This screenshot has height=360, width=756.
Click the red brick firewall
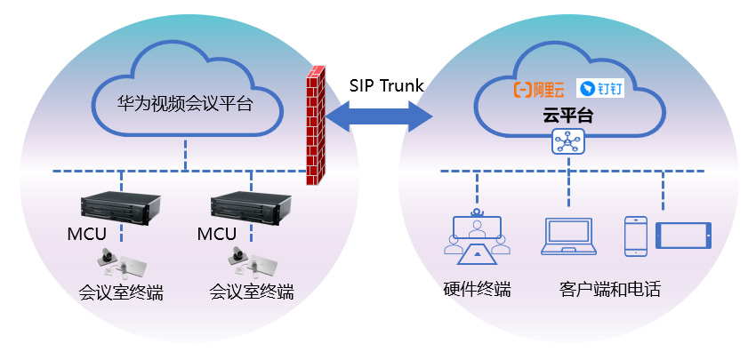[313, 127]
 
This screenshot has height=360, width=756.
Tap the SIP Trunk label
[386, 85]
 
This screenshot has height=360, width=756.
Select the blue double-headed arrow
[378, 115]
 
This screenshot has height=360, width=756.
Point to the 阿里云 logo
[539, 89]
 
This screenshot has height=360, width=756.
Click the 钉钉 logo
[600, 89]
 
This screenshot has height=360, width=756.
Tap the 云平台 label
[568, 115]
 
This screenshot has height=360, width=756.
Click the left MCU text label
[87, 235]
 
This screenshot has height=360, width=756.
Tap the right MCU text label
[217, 235]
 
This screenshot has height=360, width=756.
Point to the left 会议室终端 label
[121, 292]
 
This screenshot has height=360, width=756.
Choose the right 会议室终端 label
[251, 292]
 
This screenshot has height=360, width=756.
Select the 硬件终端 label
[477, 290]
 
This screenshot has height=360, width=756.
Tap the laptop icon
[569, 236]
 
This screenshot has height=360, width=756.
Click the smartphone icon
[636, 236]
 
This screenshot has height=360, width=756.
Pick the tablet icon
[684, 236]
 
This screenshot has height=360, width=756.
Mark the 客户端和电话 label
[610, 290]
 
